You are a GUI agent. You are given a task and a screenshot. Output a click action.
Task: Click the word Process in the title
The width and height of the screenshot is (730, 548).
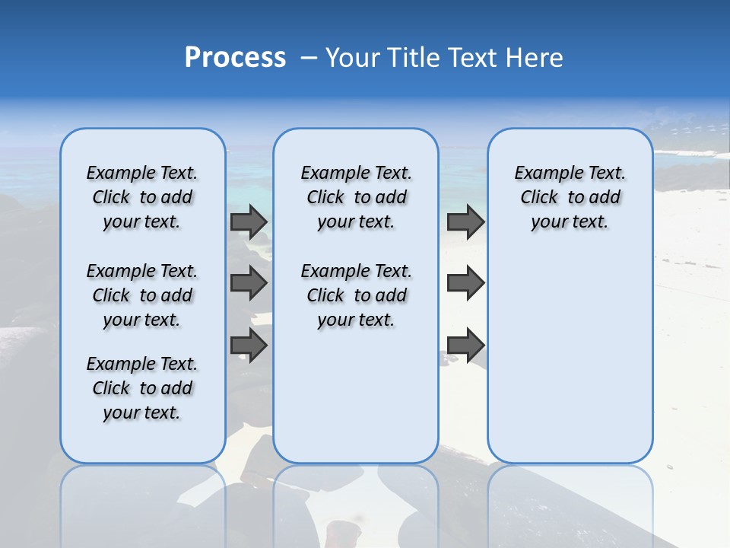click(235, 58)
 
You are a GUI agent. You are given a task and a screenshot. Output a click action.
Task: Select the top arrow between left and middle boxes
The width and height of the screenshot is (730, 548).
click(249, 222)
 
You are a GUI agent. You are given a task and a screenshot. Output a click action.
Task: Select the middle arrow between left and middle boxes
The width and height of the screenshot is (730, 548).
click(249, 283)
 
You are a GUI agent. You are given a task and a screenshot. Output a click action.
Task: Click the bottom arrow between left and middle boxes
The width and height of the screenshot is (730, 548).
click(249, 346)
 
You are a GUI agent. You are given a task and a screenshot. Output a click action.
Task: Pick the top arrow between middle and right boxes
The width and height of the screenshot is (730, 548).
click(465, 222)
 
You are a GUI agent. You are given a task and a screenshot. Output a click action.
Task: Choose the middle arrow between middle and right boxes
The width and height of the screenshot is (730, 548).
click(465, 283)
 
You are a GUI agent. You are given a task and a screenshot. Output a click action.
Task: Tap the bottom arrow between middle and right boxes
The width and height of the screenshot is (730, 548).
click(465, 346)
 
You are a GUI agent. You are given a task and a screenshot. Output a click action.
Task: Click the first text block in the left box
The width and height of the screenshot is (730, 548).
click(142, 197)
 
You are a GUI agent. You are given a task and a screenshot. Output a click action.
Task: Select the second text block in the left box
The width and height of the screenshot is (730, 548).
click(142, 295)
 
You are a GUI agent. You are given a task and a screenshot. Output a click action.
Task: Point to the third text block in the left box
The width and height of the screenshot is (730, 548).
click(142, 388)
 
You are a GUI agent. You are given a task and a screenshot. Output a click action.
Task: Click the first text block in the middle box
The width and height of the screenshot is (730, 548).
click(356, 197)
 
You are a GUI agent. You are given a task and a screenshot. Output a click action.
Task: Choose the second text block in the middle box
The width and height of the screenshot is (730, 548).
click(356, 295)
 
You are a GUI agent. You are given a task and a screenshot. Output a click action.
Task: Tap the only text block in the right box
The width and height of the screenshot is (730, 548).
click(570, 197)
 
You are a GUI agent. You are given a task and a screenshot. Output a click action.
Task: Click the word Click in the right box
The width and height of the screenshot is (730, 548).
click(539, 198)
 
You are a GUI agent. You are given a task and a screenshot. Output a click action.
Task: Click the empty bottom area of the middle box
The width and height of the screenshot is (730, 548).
click(356, 403)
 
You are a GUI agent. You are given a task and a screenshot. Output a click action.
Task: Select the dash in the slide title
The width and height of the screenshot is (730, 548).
click(309, 58)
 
